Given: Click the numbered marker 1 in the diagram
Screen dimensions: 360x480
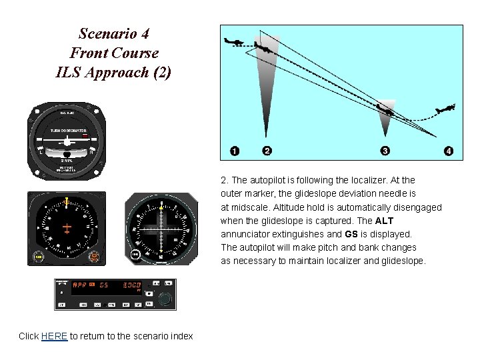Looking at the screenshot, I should (235, 151).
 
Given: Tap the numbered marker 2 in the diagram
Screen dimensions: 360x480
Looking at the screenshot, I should (267, 151).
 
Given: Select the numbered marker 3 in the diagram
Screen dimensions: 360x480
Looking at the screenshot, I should (385, 151).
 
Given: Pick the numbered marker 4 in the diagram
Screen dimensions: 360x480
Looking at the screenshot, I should (449, 151).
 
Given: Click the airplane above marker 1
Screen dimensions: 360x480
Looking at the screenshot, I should (234, 42).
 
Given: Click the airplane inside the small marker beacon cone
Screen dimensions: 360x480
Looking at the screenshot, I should (385, 108).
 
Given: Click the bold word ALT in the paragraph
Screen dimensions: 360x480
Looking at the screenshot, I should (385, 221).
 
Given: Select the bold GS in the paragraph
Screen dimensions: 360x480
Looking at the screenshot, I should (351, 234).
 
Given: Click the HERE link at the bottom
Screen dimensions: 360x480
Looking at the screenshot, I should (54, 336).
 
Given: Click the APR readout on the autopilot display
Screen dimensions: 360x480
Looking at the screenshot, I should (80, 286).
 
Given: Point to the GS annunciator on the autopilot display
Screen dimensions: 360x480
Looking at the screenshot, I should (103, 286).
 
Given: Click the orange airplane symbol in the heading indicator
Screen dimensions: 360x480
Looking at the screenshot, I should (67, 229).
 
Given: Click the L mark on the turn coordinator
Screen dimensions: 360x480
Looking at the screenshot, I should (41, 151).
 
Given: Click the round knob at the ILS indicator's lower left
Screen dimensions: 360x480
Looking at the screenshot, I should (135, 255).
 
